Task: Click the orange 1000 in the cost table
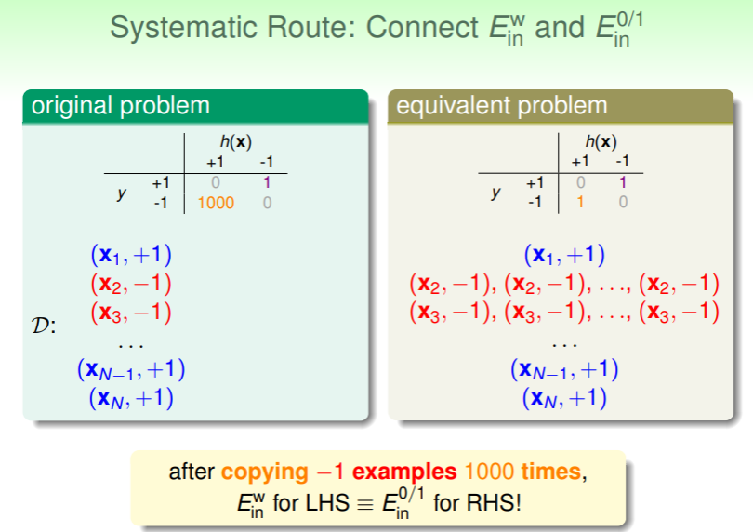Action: [x=216, y=203]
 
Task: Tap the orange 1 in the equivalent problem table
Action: [x=580, y=202]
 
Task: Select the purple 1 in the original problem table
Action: [x=267, y=182]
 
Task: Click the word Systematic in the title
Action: [x=184, y=27]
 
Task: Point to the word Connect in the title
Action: [x=422, y=27]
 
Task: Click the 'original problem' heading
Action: [x=121, y=105]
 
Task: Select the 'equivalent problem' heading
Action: [x=502, y=105]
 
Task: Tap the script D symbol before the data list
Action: [x=44, y=326]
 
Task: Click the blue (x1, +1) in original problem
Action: [x=131, y=255]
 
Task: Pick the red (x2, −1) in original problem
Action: [x=131, y=284]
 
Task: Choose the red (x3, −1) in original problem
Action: [x=131, y=313]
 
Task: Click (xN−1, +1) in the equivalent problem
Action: [x=564, y=369]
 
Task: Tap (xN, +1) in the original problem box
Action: [x=131, y=398]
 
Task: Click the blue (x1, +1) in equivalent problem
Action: [x=564, y=255]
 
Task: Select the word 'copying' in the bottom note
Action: [x=265, y=472]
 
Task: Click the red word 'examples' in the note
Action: [x=404, y=472]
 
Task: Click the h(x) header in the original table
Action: [x=236, y=141]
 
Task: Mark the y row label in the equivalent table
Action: [x=495, y=193]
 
